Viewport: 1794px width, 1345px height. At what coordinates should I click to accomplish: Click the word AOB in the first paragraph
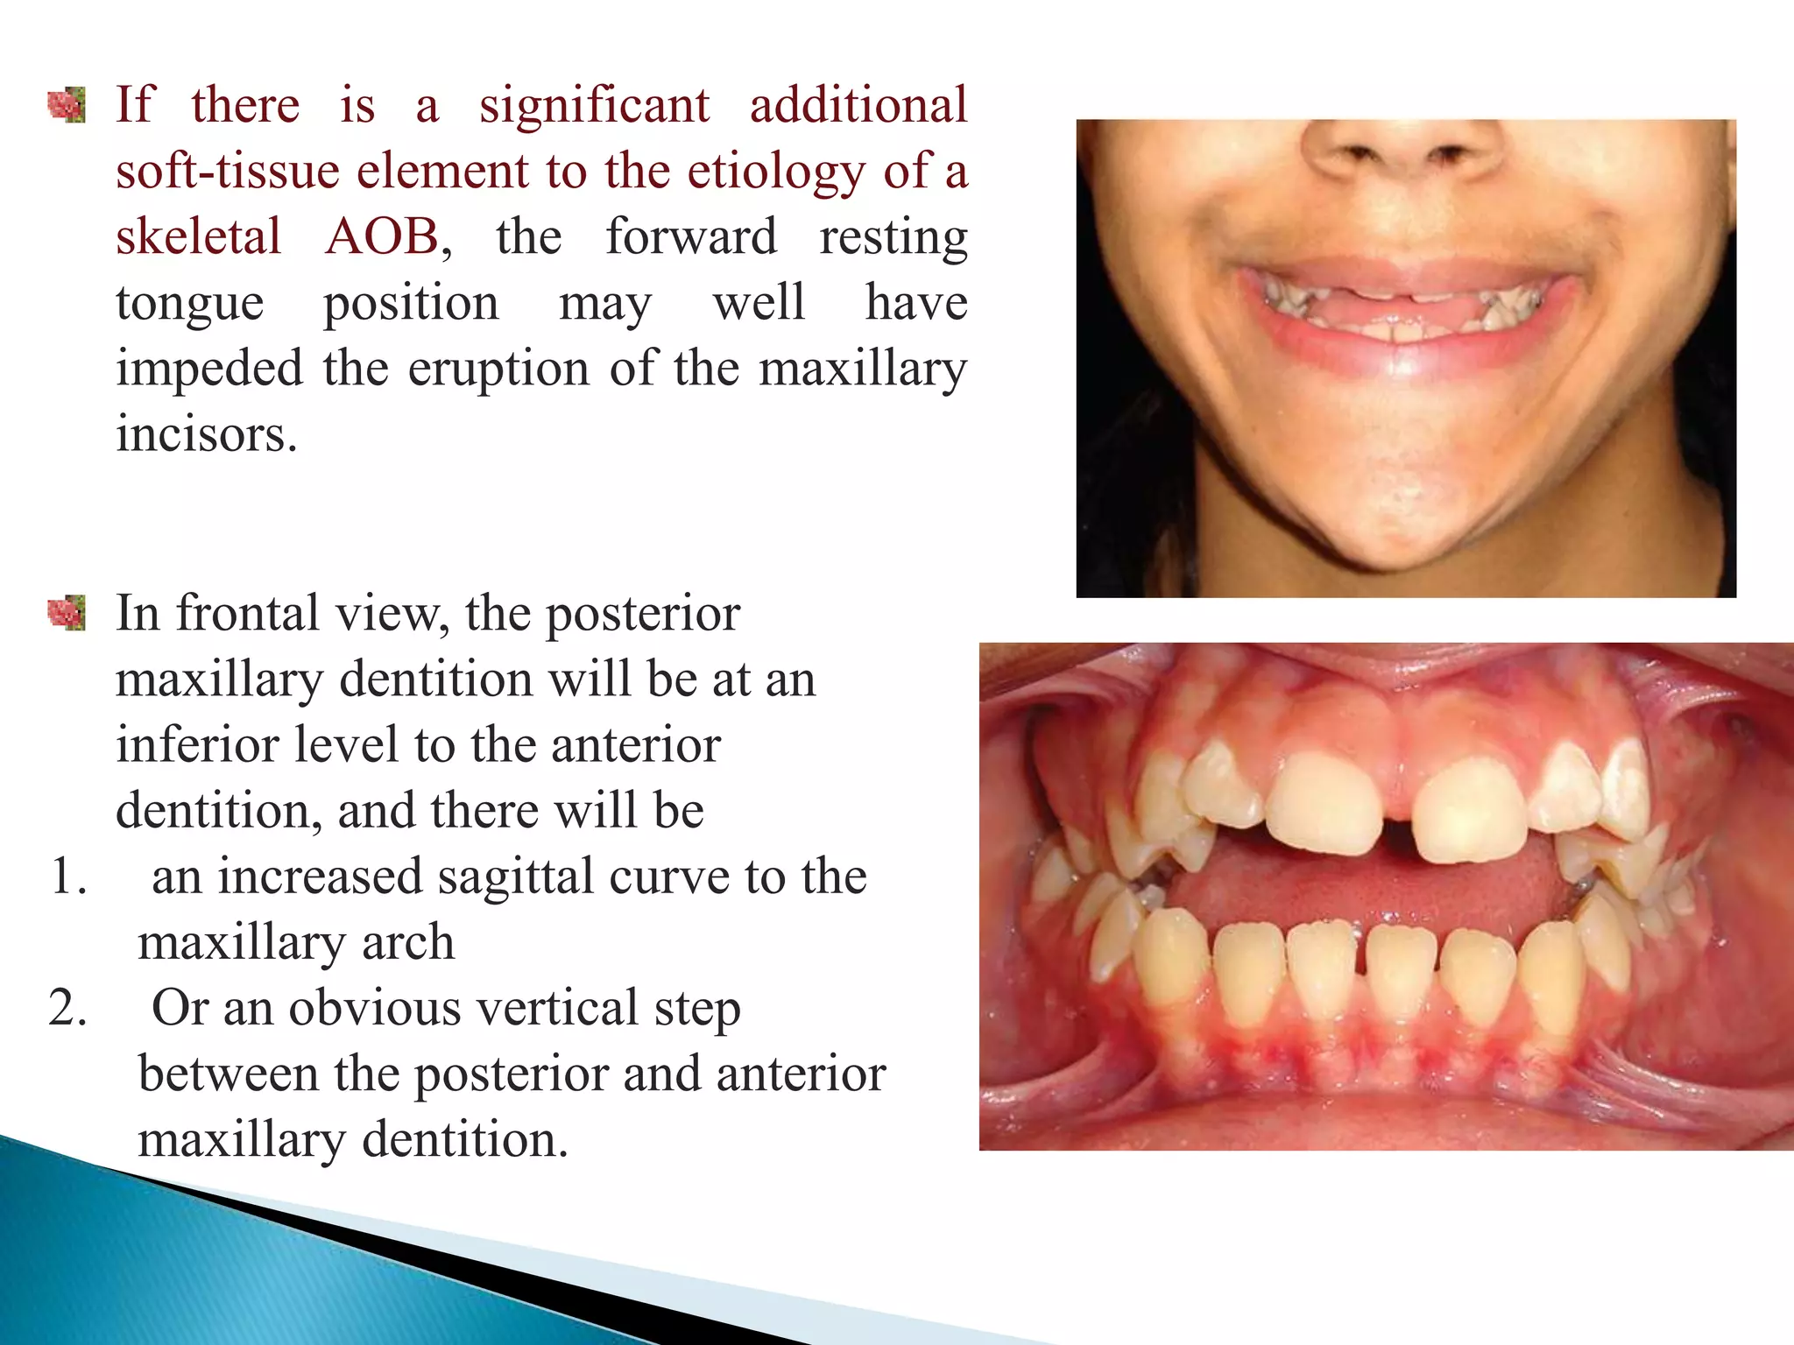pos(382,236)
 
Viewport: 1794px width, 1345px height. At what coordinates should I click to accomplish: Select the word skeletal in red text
pos(199,236)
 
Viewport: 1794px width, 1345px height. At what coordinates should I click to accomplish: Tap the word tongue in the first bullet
pos(189,303)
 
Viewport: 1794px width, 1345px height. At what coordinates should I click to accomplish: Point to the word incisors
pos(207,433)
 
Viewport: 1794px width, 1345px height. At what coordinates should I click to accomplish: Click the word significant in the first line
pos(594,105)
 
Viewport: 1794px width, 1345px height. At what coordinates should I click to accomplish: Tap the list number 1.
pos(68,877)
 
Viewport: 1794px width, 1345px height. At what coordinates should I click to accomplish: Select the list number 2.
pos(68,1008)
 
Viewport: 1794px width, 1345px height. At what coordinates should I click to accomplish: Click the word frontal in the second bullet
pos(247,613)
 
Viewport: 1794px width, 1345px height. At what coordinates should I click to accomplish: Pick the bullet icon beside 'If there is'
pos(67,106)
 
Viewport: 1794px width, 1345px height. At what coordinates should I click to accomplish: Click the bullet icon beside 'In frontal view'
pos(67,613)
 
